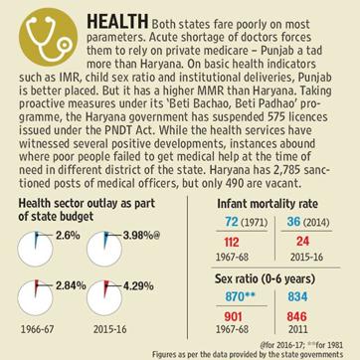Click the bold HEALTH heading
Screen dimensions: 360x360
coord(117,23)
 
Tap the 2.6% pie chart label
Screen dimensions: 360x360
coord(68,236)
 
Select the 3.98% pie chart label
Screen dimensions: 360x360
coord(137,236)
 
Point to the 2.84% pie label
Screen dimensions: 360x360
coord(71,285)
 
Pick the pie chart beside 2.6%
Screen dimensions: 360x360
coord(35,249)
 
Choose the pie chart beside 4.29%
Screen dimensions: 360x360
coord(104,298)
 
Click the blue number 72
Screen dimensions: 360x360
coord(231,222)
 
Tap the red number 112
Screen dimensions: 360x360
coord(231,242)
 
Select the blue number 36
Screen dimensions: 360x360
coord(293,222)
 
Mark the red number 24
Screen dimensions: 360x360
coord(302,241)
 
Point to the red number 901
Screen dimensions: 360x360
coord(234,316)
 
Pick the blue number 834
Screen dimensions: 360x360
coord(298,296)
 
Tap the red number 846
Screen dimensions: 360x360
coord(296,316)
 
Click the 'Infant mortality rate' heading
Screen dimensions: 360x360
coord(268,204)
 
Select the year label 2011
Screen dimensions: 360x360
coord(297,329)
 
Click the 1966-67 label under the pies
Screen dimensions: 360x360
coord(37,329)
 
